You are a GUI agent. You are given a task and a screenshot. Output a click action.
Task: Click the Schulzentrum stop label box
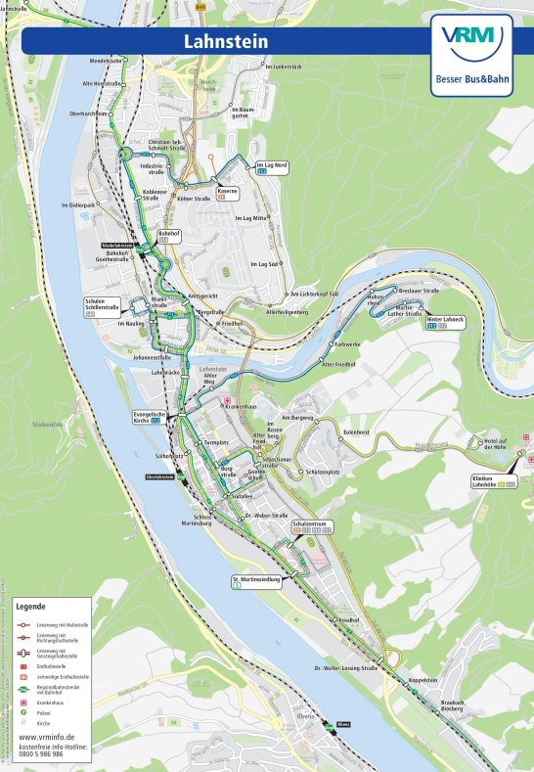coord(312,526)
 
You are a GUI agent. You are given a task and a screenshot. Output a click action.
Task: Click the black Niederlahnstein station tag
coord(117,246)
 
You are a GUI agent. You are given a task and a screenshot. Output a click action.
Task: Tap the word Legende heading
coord(30,607)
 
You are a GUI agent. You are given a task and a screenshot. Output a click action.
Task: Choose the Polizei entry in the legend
coord(47,713)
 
